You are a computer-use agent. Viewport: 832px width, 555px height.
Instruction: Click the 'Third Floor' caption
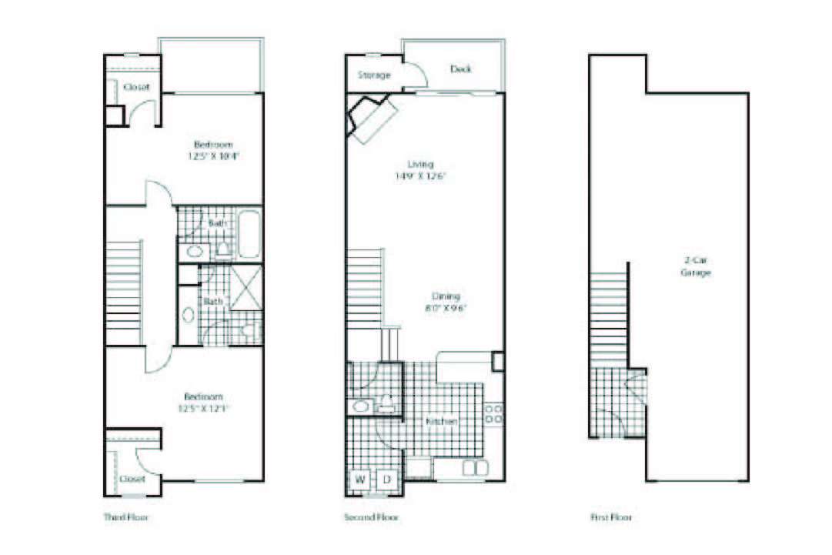126,517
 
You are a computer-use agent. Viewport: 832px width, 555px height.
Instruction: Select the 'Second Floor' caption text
371,517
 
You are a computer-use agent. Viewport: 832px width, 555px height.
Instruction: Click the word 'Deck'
461,69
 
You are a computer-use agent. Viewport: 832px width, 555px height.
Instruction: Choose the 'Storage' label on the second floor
374,75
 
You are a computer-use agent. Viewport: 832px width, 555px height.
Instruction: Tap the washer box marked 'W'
359,480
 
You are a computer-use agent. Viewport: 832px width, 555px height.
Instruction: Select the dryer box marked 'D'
386,480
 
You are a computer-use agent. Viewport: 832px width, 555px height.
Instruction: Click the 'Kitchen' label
442,422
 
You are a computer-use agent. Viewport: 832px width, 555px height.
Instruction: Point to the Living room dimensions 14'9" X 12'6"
421,176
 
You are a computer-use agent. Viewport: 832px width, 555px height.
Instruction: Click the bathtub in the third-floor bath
249,233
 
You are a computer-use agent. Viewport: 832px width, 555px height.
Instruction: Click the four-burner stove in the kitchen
493,413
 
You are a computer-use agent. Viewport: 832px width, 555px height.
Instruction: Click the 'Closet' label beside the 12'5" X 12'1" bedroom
132,479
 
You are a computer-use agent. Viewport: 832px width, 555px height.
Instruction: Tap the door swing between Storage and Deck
415,75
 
